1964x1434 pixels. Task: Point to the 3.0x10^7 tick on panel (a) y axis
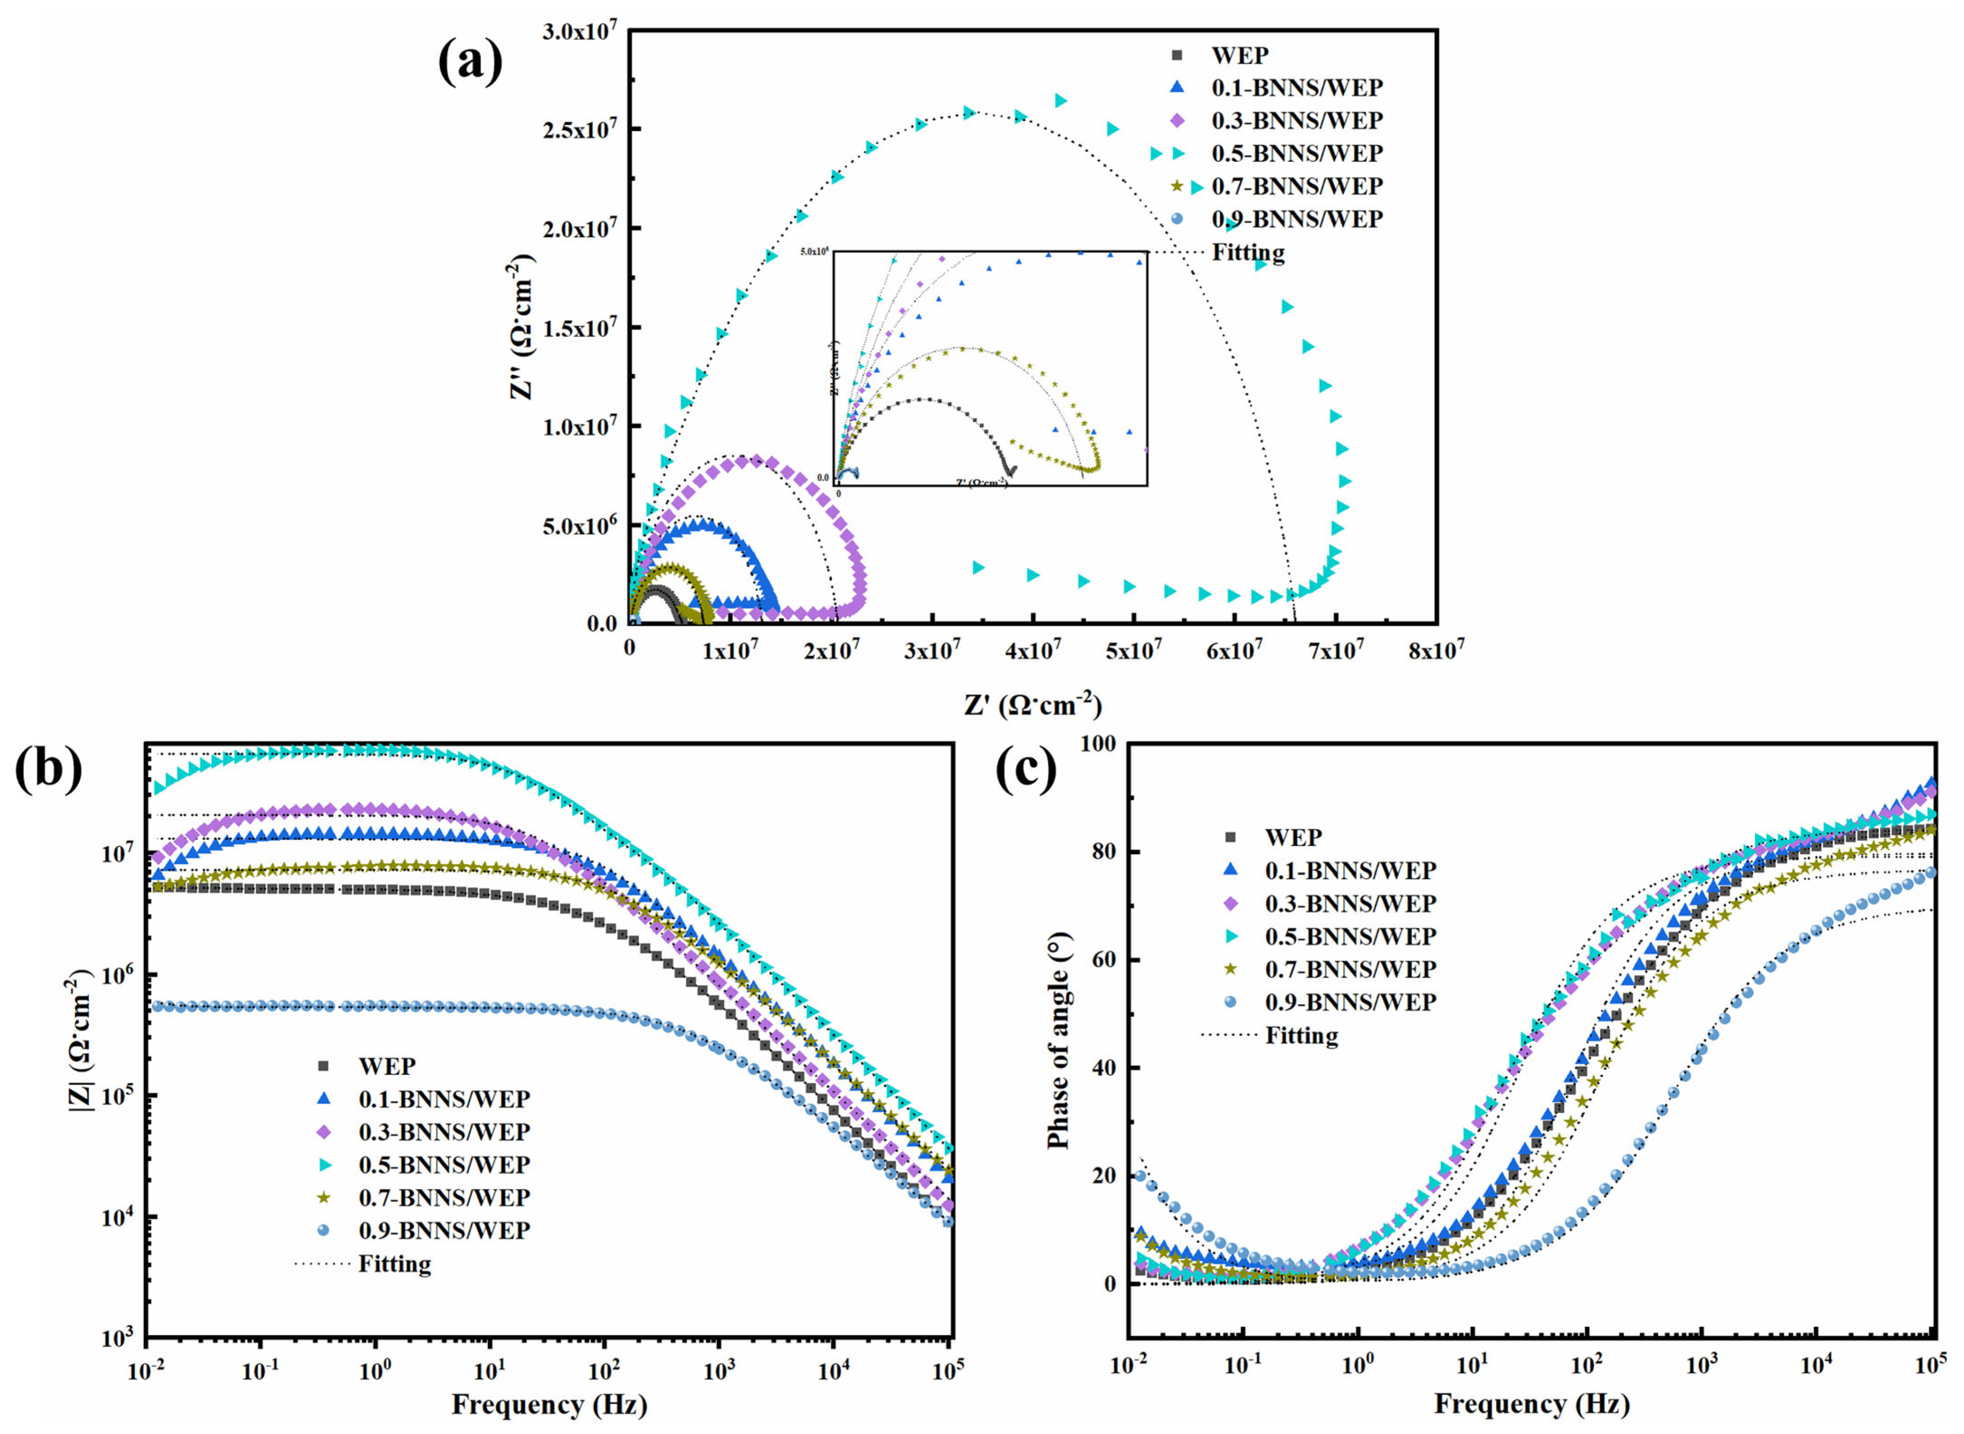pos(580,31)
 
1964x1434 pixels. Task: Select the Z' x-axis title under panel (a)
pos(1032,705)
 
